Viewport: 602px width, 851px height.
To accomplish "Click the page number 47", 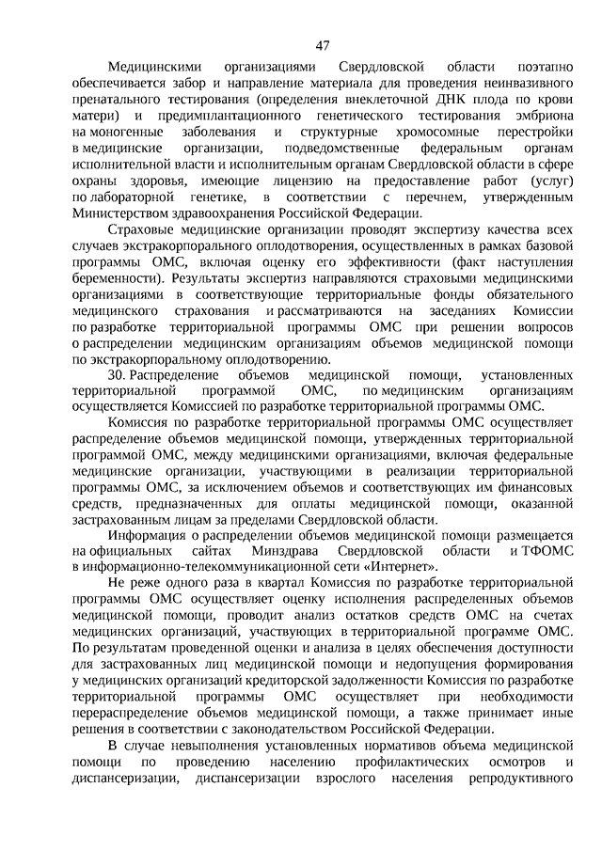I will pyautogui.click(x=323, y=46).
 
